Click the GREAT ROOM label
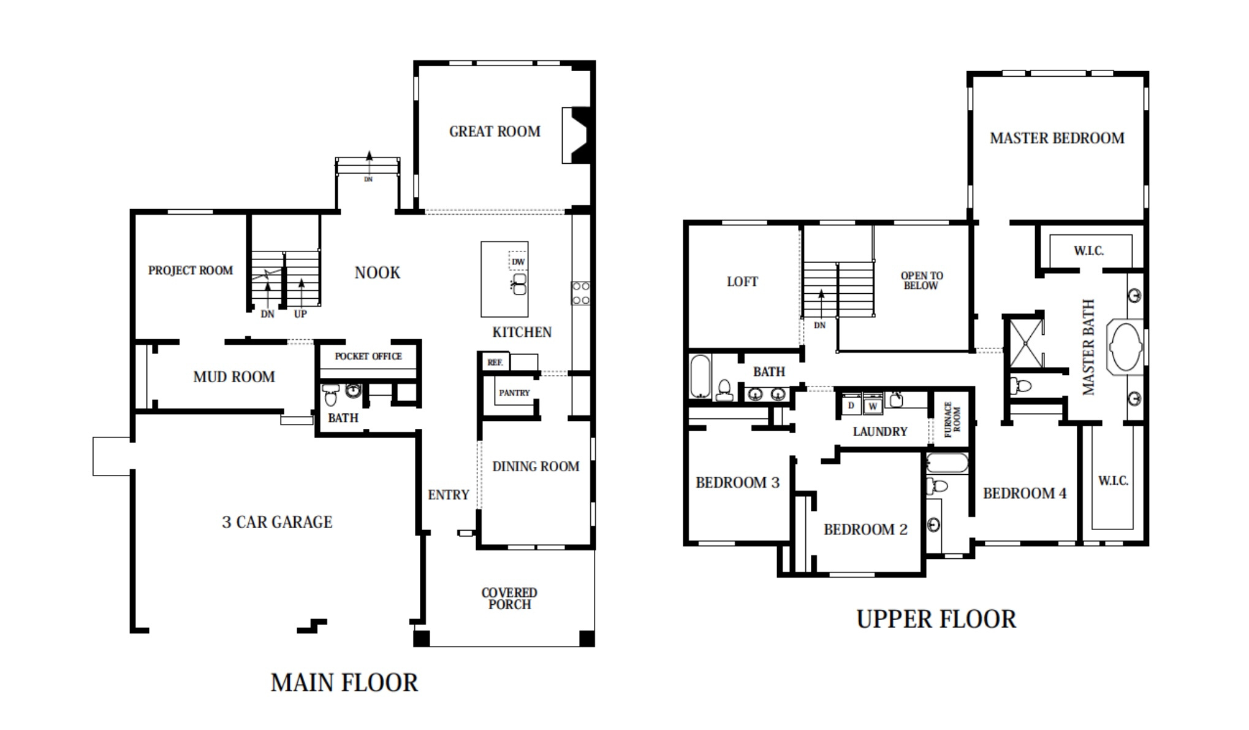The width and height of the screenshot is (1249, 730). (495, 131)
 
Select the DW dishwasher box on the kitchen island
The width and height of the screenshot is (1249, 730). (518, 262)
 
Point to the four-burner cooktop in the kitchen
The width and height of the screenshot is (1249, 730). (580, 293)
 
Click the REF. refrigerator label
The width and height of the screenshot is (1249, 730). (495, 363)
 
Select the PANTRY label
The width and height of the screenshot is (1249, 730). (514, 393)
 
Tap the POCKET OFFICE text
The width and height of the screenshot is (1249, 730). (368, 356)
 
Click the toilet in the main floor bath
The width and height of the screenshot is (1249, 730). (331, 394)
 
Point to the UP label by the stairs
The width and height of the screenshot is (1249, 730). (300, 314)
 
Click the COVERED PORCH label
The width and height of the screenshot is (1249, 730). (509, 598)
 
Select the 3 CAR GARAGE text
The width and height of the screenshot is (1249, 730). (277, 522)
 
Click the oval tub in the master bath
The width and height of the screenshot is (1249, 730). (1125, 347)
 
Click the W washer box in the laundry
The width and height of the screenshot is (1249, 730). (873, 406)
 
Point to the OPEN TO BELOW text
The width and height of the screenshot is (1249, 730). (921, 280)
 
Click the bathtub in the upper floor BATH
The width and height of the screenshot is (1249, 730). (700, 376)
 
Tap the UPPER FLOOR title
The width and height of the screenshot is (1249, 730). (936, 619)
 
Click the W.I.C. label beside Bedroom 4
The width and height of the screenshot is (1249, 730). (1112, 480)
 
